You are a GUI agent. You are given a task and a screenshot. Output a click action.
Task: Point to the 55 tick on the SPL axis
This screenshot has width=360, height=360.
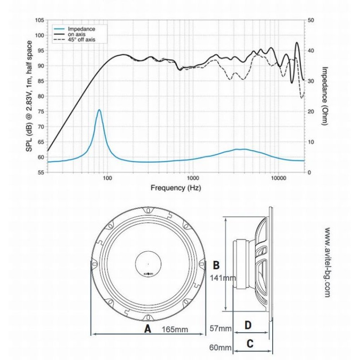[x=40, y=173]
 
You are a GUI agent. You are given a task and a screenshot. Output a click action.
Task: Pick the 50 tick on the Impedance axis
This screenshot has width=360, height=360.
[x=310, y=20]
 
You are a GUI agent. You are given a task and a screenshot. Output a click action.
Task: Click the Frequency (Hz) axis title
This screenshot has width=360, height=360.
[x=176, y=188]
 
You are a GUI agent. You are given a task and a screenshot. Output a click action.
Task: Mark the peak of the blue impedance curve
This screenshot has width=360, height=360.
[x=99, y=110]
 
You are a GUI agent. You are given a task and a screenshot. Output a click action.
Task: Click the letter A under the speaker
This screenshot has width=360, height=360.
[x=147, y=329]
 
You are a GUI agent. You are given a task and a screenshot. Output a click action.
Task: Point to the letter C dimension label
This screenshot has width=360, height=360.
[x=250, y=343]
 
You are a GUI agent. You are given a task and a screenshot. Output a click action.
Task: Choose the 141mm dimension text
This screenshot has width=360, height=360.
[x=223, y=278]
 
